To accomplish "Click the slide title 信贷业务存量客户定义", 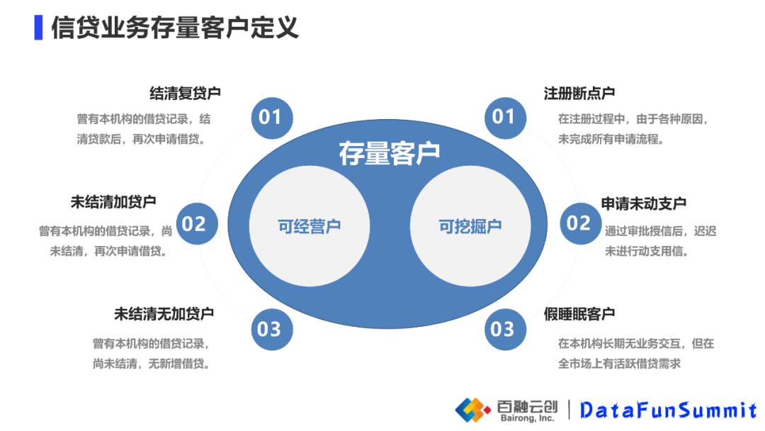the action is click(175, 27).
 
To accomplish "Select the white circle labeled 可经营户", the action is click(309, 226).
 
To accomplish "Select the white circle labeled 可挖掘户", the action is click(470, 226).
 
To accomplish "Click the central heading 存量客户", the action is click(389, 153).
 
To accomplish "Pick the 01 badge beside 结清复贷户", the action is click(270, 117).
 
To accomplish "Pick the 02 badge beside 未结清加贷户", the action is click(194, 224).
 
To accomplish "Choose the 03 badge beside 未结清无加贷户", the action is click(269, 329).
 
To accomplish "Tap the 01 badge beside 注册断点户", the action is click(504, 116).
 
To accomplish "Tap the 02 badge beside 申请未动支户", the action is click(579, 224).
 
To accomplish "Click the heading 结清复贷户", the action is click(186, 93).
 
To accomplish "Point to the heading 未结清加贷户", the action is click(113, 201).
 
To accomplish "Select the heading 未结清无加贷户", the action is click(164, 313).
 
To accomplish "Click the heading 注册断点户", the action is click(579, 93).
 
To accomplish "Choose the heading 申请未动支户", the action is click(644, 203).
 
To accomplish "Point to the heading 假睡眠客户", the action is click(579, 313).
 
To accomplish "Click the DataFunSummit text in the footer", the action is click(669, 410).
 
